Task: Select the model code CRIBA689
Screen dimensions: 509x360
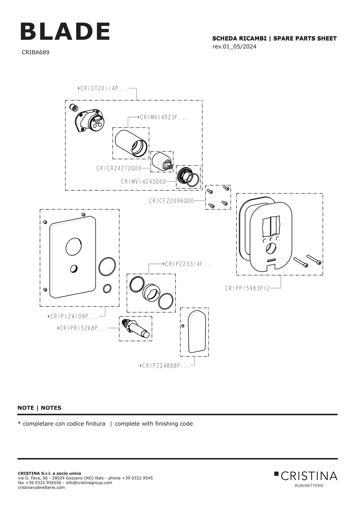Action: [x=35, y=52]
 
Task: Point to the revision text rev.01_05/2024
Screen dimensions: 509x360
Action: [x=234, y=47]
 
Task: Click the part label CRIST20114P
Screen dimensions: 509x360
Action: [x=103, y=88]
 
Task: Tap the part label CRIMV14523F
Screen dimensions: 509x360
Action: [x=162, y=118]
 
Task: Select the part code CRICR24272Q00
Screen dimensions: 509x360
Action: [x=119, y=168]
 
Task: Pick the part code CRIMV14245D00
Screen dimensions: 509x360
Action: [x=143, y=182]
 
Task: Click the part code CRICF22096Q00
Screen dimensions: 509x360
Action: [x=171, y=201]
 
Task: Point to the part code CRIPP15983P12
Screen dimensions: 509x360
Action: [x=247, y=288]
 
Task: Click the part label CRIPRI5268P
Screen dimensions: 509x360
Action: [x=82, y=328]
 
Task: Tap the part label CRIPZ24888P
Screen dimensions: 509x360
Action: [x=165, y=366]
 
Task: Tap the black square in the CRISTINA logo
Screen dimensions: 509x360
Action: [x=276, y=474]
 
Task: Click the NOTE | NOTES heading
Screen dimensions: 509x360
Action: [x=39, y=408]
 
